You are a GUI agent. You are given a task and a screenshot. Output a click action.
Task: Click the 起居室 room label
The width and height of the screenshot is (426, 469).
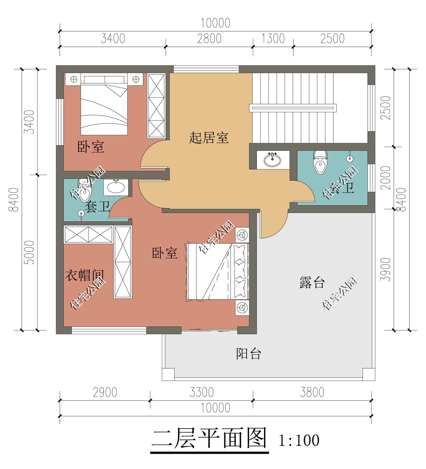click(209, 138)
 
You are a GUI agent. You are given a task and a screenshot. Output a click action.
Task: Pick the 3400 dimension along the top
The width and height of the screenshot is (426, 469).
click(113, 38)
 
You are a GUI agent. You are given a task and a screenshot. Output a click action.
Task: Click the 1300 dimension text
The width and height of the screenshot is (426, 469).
click(273, 38)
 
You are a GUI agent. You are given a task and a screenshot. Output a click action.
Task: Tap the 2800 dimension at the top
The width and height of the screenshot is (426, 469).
click(209, 38)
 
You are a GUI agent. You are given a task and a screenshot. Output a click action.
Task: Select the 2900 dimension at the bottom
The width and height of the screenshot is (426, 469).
click(105, 392)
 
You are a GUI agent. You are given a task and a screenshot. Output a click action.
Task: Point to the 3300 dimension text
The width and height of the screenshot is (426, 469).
click(201, 392)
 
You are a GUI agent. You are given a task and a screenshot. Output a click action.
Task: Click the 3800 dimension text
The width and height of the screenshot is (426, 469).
click(312, 392)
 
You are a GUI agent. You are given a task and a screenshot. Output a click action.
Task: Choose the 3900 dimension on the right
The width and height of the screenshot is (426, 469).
click(386, 270)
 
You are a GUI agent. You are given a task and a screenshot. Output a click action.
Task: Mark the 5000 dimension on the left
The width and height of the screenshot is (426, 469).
click(29, 253)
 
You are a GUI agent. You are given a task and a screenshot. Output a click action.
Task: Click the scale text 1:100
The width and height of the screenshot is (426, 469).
click(299, 440)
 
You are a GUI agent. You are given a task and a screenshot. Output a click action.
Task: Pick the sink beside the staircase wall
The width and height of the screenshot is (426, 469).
click(273, 160)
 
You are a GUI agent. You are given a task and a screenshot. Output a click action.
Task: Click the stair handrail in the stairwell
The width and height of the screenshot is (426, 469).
click(293, 108)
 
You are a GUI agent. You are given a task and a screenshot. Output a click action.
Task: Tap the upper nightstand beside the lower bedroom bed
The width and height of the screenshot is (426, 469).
click(242, 234)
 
